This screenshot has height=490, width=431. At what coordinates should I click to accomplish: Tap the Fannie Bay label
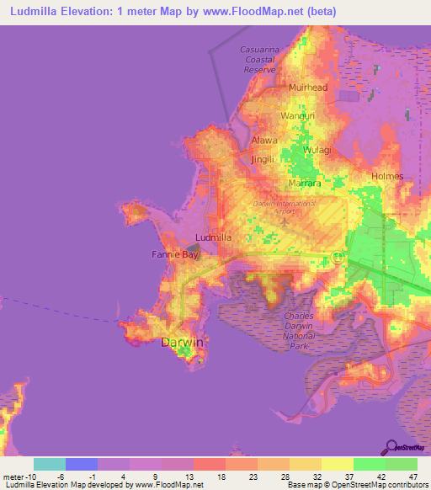point(174,253)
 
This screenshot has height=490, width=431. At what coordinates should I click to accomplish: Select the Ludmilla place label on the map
point(213,237)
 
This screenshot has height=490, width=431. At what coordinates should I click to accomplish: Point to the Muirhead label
point(307,88)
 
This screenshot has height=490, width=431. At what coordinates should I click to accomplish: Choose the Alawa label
point(263,141)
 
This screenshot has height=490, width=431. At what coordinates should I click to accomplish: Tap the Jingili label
point(263,158)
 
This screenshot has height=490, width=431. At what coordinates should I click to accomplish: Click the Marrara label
point(305,182)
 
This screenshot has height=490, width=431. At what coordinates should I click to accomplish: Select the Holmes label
point(387,176)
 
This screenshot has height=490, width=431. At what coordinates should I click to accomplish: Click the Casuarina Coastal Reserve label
point(258,60)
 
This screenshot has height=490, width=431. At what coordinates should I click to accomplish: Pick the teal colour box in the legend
point(50,464)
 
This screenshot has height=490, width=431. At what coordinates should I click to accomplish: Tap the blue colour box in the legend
point(82,464)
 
